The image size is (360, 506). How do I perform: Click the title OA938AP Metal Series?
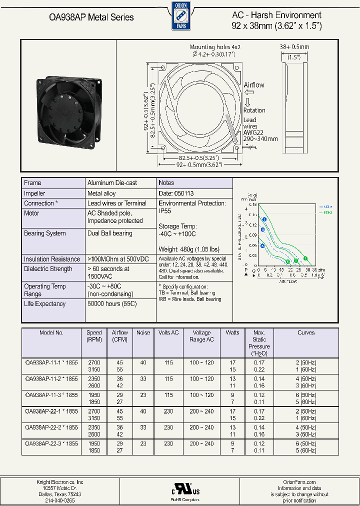point(91,17)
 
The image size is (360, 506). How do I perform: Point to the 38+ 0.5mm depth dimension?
point(294,47)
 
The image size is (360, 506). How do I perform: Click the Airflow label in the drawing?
point(254,85)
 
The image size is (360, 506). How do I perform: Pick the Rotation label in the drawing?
point(254,110)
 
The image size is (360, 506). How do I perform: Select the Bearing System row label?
point(45,233)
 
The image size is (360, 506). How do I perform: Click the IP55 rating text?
point(165,211)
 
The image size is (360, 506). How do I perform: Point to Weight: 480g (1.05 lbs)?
point(188,249)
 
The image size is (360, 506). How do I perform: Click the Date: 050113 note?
point(176,193)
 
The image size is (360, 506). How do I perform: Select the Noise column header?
point(143,332)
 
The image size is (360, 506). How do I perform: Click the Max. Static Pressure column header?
point(259,343)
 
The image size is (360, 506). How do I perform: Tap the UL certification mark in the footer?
point(179,488)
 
